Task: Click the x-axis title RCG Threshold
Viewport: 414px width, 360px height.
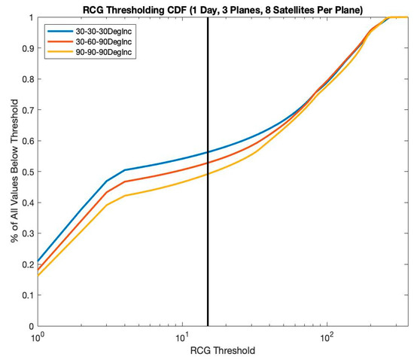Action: [222, 351]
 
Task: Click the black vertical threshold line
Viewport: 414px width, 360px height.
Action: [207, 249]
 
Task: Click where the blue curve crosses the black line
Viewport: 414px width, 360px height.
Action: [207, 152]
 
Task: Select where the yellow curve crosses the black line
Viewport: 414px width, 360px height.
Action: [207, 174]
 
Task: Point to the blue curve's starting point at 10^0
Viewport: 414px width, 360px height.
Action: [37, 261]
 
